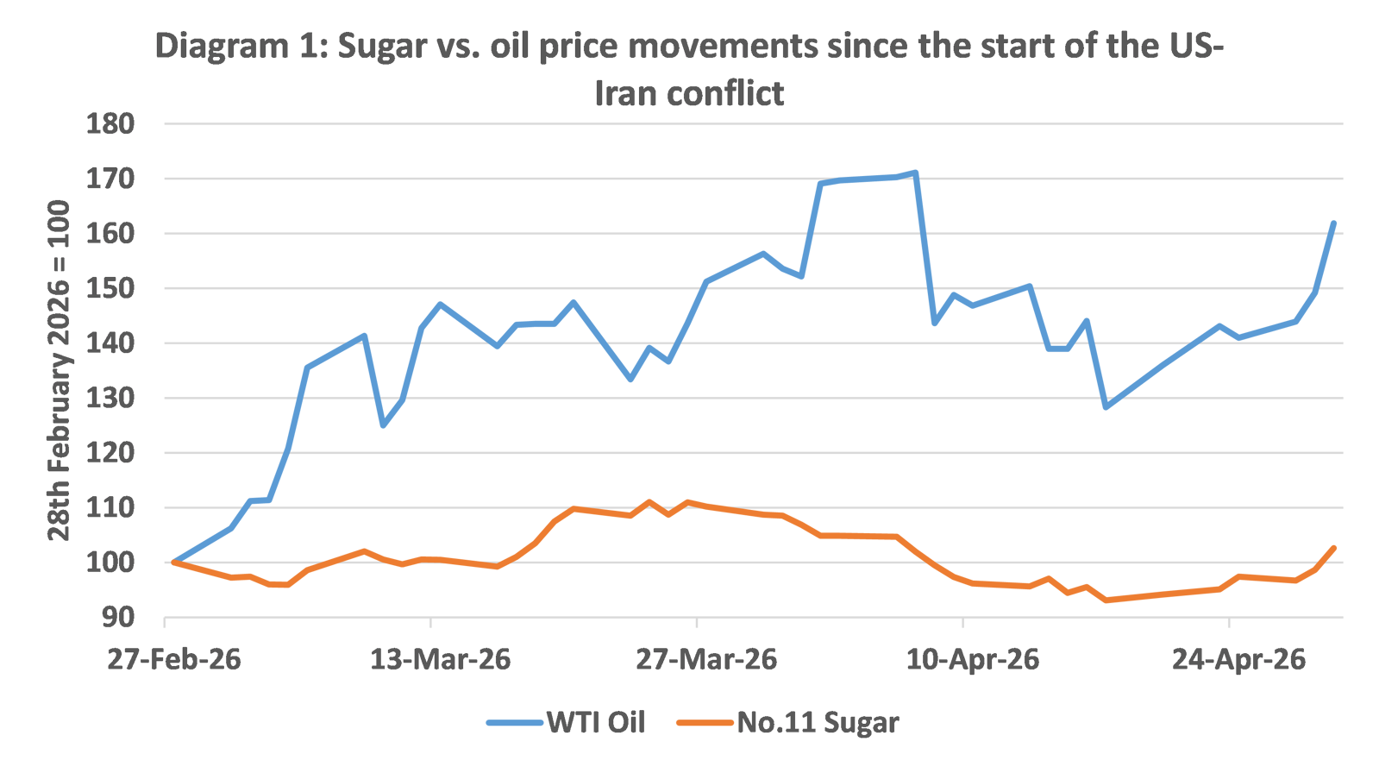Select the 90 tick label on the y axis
tap(118, 618)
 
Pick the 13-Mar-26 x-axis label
tap(441, 660)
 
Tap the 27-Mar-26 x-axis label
tap(707, 660)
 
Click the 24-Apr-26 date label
tap(1239, 660)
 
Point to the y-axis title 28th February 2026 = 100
tap(59, 370)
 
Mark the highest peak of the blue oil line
tap(916, 172)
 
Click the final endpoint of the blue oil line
tap(1334, 222)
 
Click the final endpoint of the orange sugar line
tap(1334, 547)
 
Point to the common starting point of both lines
tap(172, 562)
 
